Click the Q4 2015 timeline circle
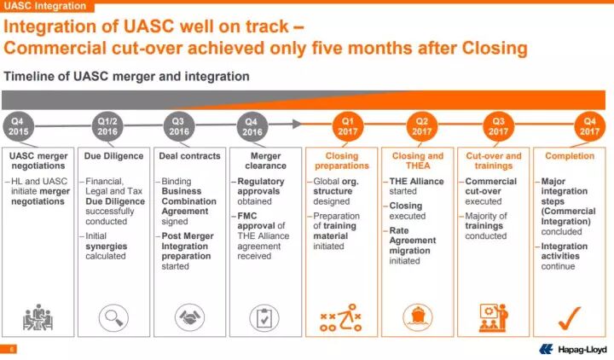click(x=19, y=127)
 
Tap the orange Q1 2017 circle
click(x=347, y=127)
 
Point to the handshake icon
click(x=188, y=317)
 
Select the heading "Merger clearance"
click(x=264, y=161)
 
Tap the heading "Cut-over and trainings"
click(x=494, y=161)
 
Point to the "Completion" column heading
click(x=570, y=156)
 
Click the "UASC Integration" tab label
click(x=37, y=6)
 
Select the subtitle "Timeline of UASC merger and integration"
click(x=127, y=77)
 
